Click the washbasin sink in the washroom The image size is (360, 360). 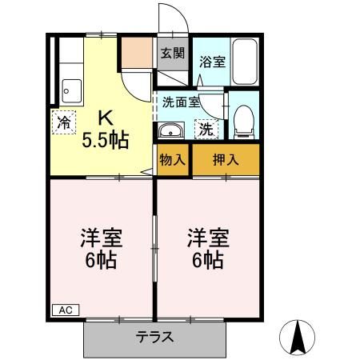click(170, 131)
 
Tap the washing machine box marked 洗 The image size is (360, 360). click(205, 128)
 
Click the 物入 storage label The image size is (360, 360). click(173, 159)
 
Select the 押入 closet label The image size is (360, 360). click(225, 159)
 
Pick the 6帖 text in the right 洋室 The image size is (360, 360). click(207, 259)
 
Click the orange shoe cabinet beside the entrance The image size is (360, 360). click(137, 53)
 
